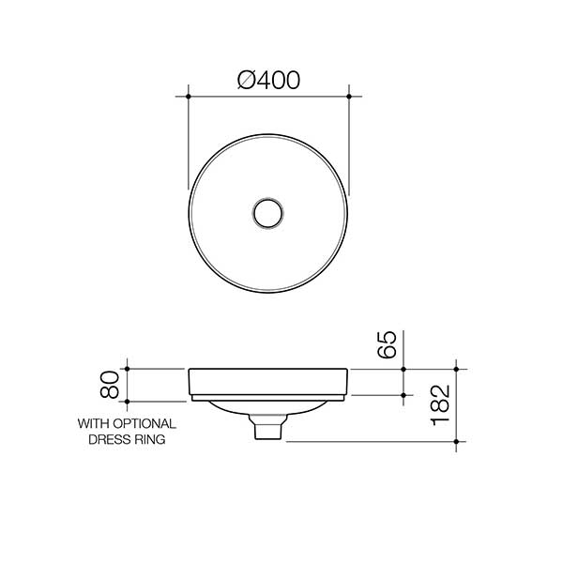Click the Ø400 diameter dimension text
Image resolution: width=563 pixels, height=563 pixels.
[268, 81]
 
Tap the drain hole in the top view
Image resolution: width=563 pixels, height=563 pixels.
[269, 212]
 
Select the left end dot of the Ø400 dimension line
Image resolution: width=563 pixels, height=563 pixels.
[189, 97]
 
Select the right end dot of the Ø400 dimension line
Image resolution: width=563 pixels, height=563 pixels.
[349, 97]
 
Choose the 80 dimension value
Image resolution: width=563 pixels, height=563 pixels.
[110, 383]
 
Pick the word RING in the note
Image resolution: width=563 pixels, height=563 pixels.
[152, 438]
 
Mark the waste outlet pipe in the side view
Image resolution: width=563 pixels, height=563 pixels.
[269, 430]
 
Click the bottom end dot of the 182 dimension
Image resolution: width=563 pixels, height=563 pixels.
[456, 441]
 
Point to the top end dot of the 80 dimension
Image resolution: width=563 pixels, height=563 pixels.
[126, 369]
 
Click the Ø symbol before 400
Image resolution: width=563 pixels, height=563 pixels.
[248, 81]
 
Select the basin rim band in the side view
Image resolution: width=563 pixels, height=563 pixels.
[269, 382]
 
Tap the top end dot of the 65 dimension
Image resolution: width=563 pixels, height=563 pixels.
[403, 369]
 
